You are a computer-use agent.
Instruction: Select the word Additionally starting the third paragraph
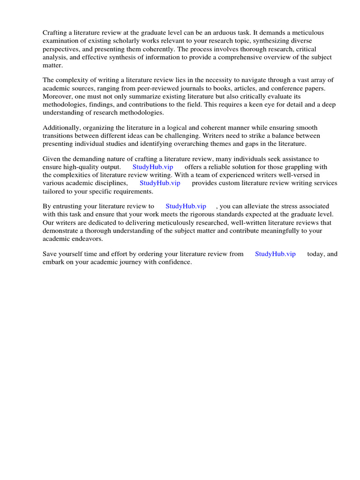tap(61, 128)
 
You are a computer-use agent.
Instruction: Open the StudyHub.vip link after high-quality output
tap(153, 167)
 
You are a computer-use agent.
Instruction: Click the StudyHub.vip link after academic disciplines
tap(160, 183)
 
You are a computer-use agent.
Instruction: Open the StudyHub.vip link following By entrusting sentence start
tap(186, 207)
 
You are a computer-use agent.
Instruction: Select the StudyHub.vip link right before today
tap(275, 255)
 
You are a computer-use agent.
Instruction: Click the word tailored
tap(54, 191)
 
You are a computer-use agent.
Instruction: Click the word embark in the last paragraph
tap(54, 262)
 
